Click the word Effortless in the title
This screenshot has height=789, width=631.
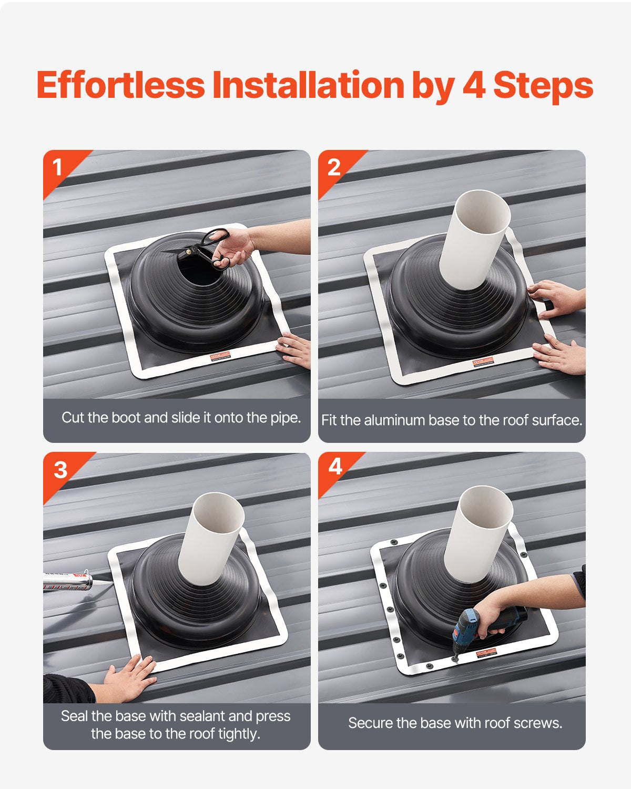coord(120,85)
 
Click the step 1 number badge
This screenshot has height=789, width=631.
coord(57,168)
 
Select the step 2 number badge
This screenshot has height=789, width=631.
coord(333,168)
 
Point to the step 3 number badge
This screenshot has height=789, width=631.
coord(60,469)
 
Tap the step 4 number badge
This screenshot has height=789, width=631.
coord(335,467)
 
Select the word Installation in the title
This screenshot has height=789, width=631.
coord(308,85)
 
